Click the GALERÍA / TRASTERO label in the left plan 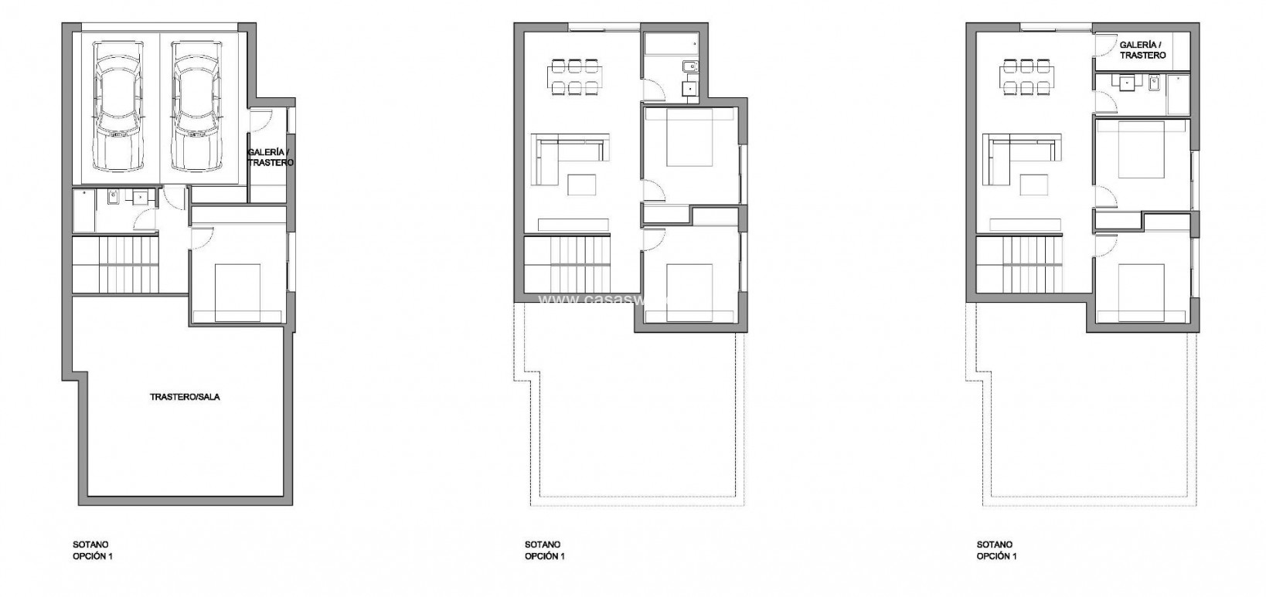click(270, 158)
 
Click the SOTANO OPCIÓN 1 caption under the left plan click(92, 550)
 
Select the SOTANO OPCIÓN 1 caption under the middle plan click(544, 550)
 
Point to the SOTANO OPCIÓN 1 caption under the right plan click(996, 550)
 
